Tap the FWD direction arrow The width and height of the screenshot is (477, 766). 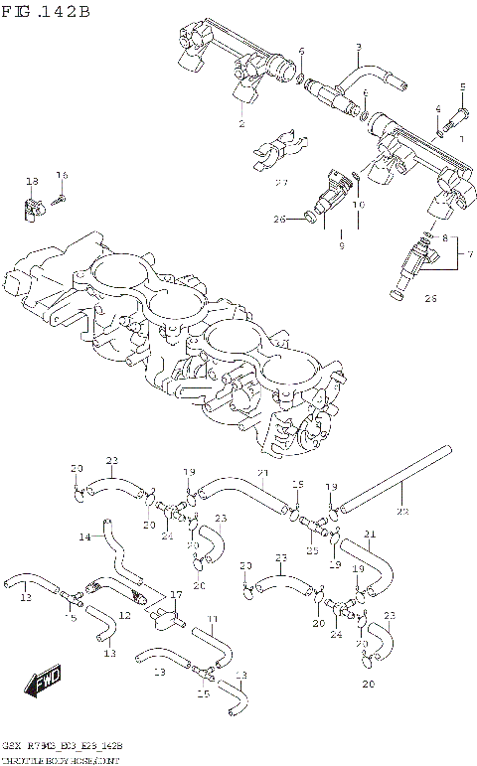43,683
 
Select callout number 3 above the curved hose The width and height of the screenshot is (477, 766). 358,47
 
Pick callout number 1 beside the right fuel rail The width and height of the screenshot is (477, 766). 459,140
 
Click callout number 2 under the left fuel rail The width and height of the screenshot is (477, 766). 240,124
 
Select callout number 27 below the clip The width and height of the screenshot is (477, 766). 281,182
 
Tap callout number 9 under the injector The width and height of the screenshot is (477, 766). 341,244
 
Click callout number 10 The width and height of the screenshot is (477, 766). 359,206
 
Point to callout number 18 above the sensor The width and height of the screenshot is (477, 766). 32,181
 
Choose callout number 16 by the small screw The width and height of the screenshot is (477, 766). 62,175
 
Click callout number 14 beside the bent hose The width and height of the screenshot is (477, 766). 84,536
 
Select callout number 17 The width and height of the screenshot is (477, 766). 176,595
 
